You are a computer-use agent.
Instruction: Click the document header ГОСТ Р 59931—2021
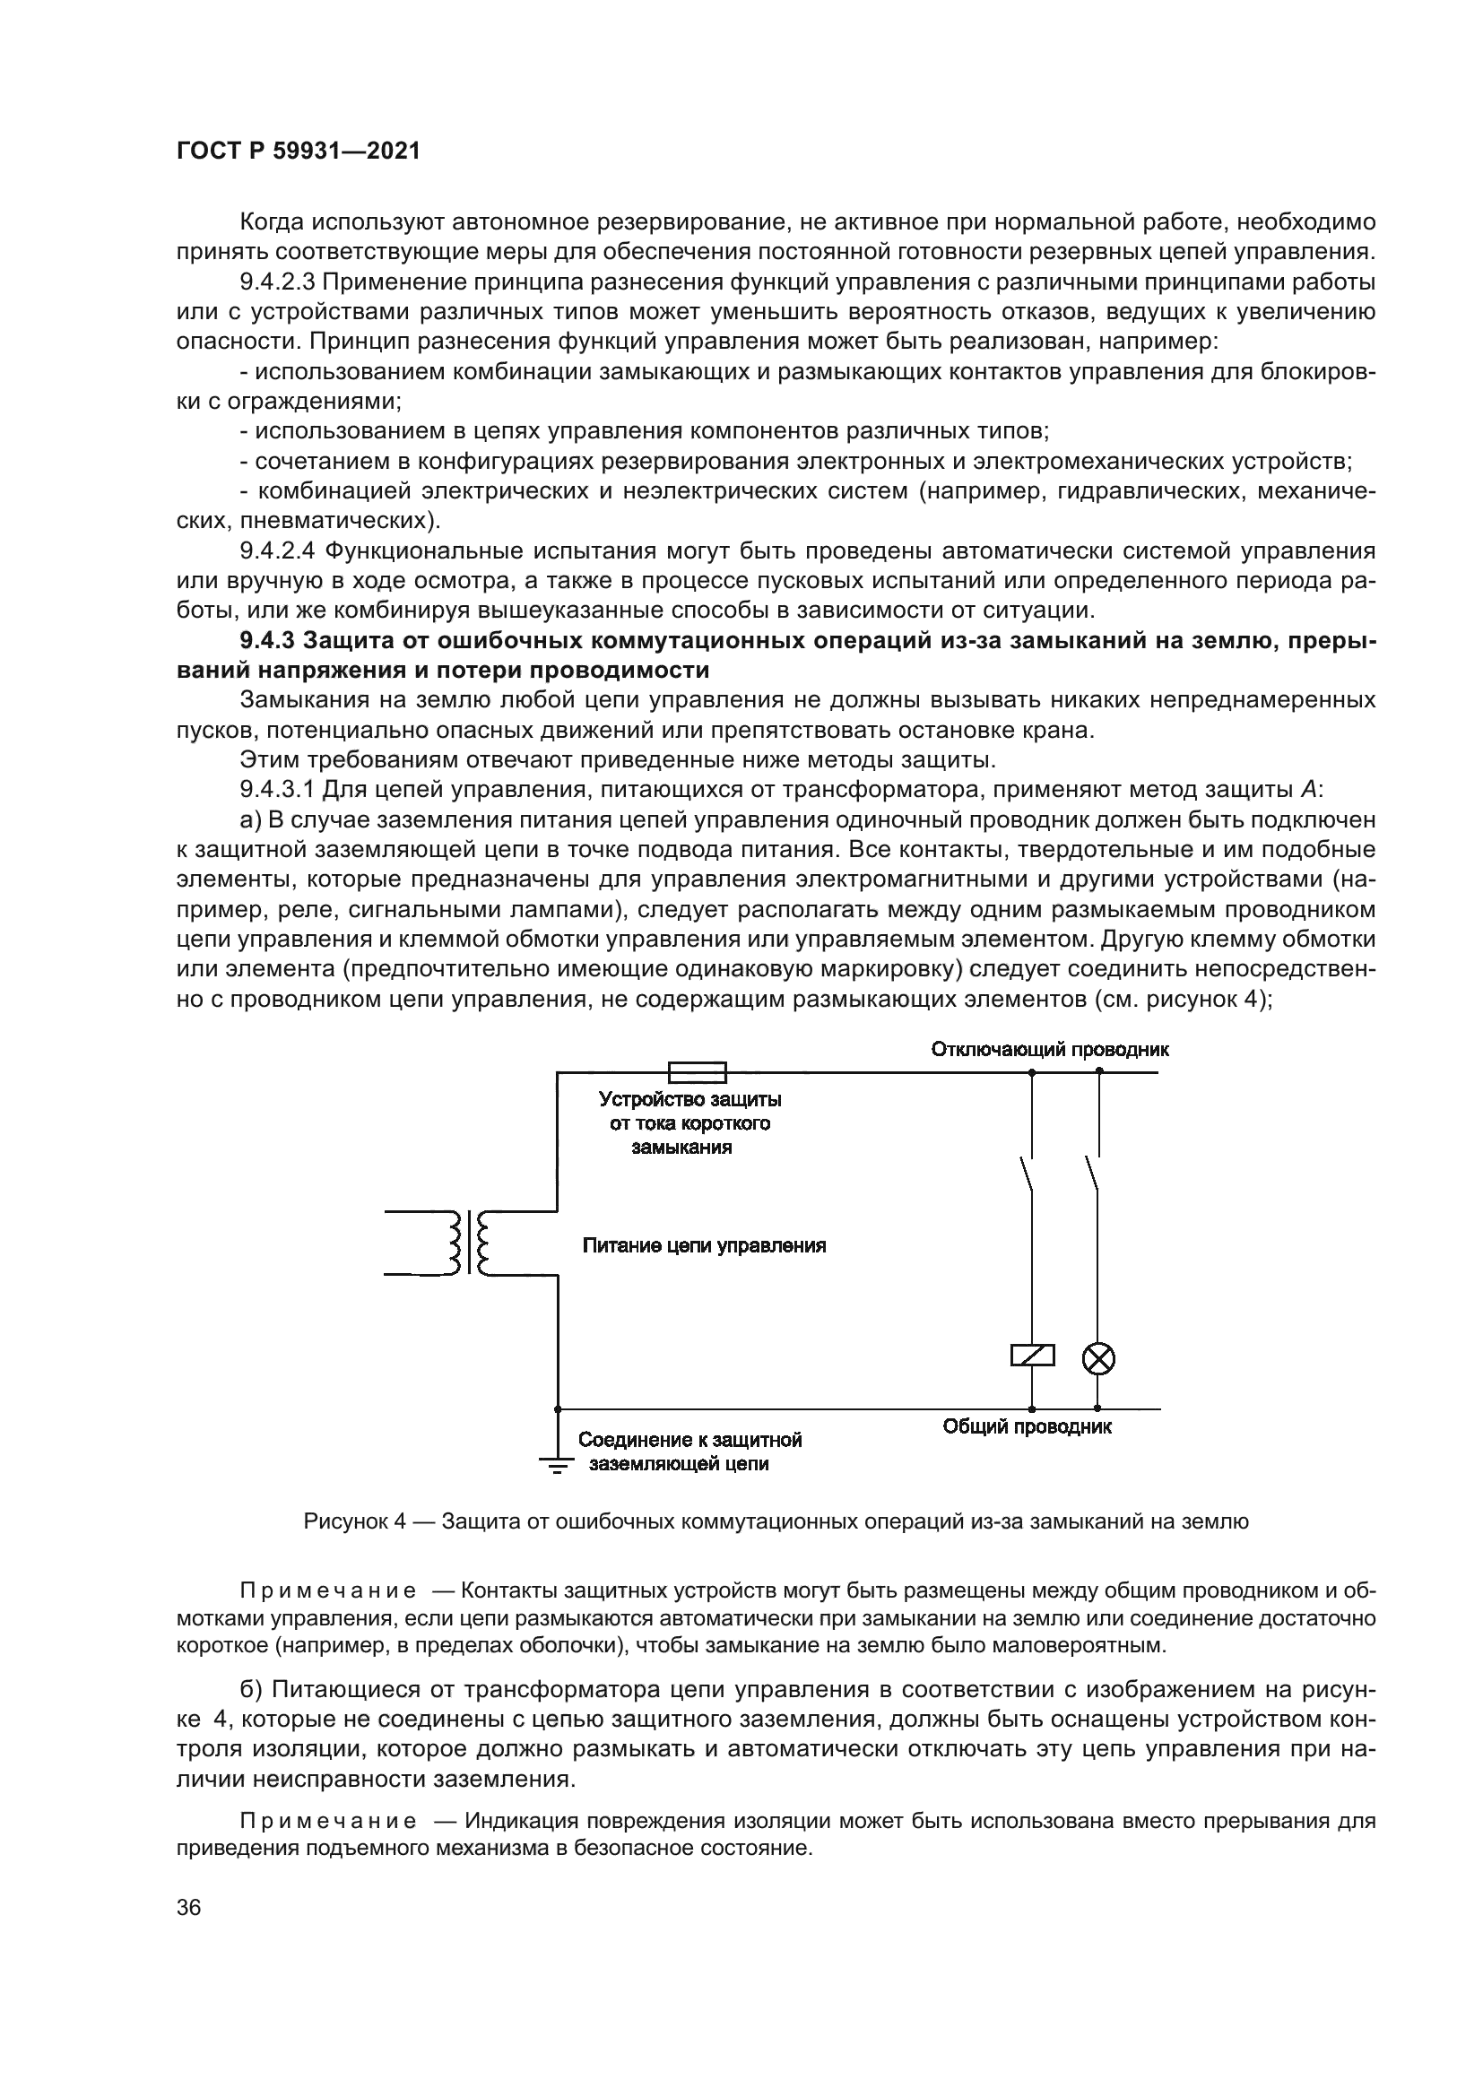[x=298, y=152]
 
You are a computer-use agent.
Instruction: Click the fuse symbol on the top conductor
[x=698, y=1071]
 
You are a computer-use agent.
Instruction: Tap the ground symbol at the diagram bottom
[x=556, y=1464]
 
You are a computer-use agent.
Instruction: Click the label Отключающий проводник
[x=1049, y=1049]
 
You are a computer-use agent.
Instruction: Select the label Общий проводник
[x=1027, y=1426]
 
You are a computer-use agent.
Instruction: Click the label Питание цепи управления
[x=704, y=1246]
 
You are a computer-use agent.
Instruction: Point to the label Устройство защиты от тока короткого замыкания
[x=689, y=1122]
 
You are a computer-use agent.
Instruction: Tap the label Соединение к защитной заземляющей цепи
[x=689, y=1452]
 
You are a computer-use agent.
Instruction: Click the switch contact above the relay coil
[x=1028, y=1174]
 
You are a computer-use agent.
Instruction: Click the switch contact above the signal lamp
[x=1093, y=1174]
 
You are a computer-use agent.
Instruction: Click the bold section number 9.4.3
[x=269, y=640]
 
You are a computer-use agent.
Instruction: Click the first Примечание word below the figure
[x=328, y=1591]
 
